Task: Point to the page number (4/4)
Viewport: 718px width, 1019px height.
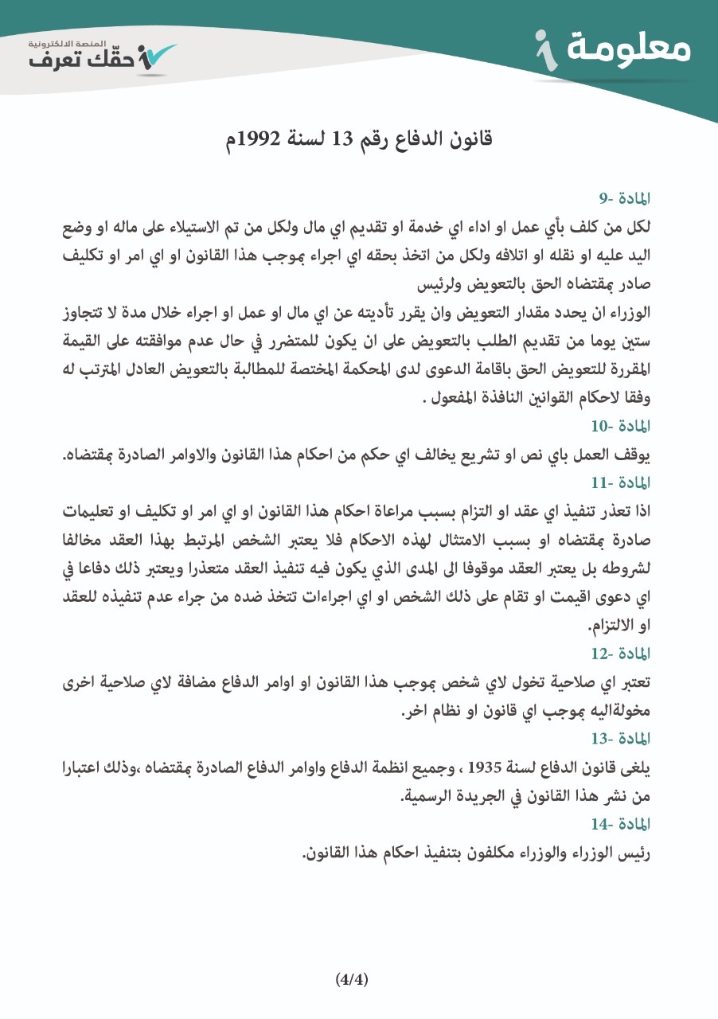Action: coord(352,979)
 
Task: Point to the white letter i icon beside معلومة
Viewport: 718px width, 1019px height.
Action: coord(544,50)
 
